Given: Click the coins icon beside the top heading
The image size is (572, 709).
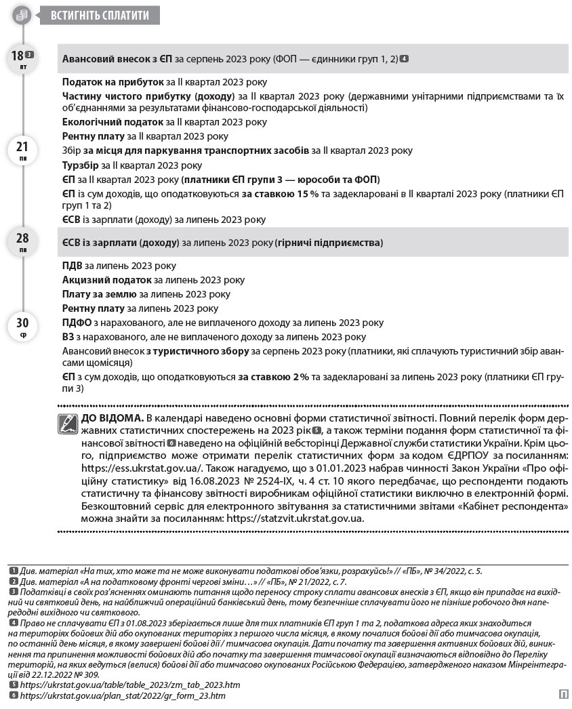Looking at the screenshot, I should (x=22, y=14).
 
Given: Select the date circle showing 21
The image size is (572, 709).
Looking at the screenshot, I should (x=22, y=149).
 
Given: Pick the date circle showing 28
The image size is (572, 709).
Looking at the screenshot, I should (x=22, y=241).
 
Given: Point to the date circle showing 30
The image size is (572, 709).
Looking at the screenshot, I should (x=22, y=326).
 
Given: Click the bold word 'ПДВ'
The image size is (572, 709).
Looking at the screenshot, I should (x=73, y=265).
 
